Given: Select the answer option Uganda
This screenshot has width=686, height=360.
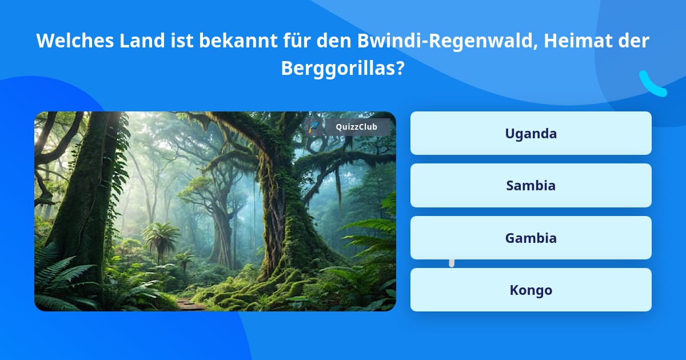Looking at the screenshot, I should click(531, 133).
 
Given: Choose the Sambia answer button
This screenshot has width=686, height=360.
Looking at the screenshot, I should click(531, 185).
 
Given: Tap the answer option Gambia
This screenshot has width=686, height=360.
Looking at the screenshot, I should click(531, 238).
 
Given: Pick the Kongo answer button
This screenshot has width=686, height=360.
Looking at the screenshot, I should click(531, 290).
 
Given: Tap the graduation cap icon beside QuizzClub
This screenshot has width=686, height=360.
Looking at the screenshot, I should click(314, 127).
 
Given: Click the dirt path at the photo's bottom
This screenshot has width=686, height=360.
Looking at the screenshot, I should click(190, 304).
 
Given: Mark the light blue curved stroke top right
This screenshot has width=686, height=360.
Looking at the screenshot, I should click(652, 85).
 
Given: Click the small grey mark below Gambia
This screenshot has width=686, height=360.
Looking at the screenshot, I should click(452, 263).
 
